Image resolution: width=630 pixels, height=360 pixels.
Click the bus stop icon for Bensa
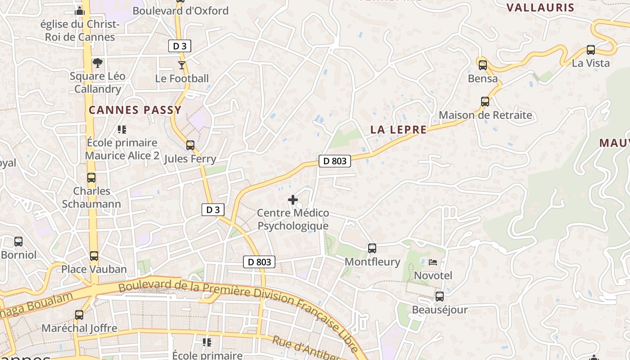[x=483, y=65]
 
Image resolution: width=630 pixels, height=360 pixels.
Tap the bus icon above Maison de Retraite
[x=485, y=102]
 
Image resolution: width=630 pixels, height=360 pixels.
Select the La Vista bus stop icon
[x=591, y=50]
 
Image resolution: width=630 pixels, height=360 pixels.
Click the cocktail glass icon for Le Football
[x=182, y=65]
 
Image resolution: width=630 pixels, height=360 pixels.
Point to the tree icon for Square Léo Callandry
[x=98, y=63]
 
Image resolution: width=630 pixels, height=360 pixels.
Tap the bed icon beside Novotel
[x=433, y=262]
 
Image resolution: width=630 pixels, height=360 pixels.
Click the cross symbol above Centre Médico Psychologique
[x=293, y=199]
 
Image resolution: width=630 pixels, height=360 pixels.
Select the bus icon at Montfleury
[x=372, y=248]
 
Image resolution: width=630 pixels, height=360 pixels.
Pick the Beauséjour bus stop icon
[x=440, y=297]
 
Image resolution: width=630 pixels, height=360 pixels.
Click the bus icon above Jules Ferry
[x=190, y=145]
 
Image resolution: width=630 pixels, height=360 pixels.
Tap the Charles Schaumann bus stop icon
[x=91, y=178]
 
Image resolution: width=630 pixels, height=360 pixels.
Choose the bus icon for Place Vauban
[x=94, y=256]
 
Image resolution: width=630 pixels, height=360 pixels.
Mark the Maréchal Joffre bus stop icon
[x=79, y=315]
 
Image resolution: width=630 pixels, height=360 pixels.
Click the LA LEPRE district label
[x=398, y=130]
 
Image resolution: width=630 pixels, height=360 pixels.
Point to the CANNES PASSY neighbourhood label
[x=135, y=110]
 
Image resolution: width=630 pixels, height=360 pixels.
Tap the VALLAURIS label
[x=540, y=7]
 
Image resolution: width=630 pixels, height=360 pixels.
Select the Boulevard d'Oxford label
[x=180, y=11]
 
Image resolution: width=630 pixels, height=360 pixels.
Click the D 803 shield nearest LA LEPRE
[x=335, y=161]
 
